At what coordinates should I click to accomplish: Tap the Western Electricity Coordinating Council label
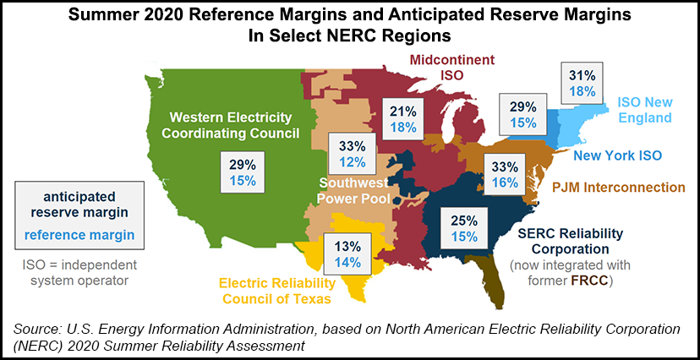(x=229, y=124)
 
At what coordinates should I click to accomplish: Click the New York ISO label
(x=617, y=155)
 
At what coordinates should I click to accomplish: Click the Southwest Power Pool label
(x=353, y=190)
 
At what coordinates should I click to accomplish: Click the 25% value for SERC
(x=464, y=221)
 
